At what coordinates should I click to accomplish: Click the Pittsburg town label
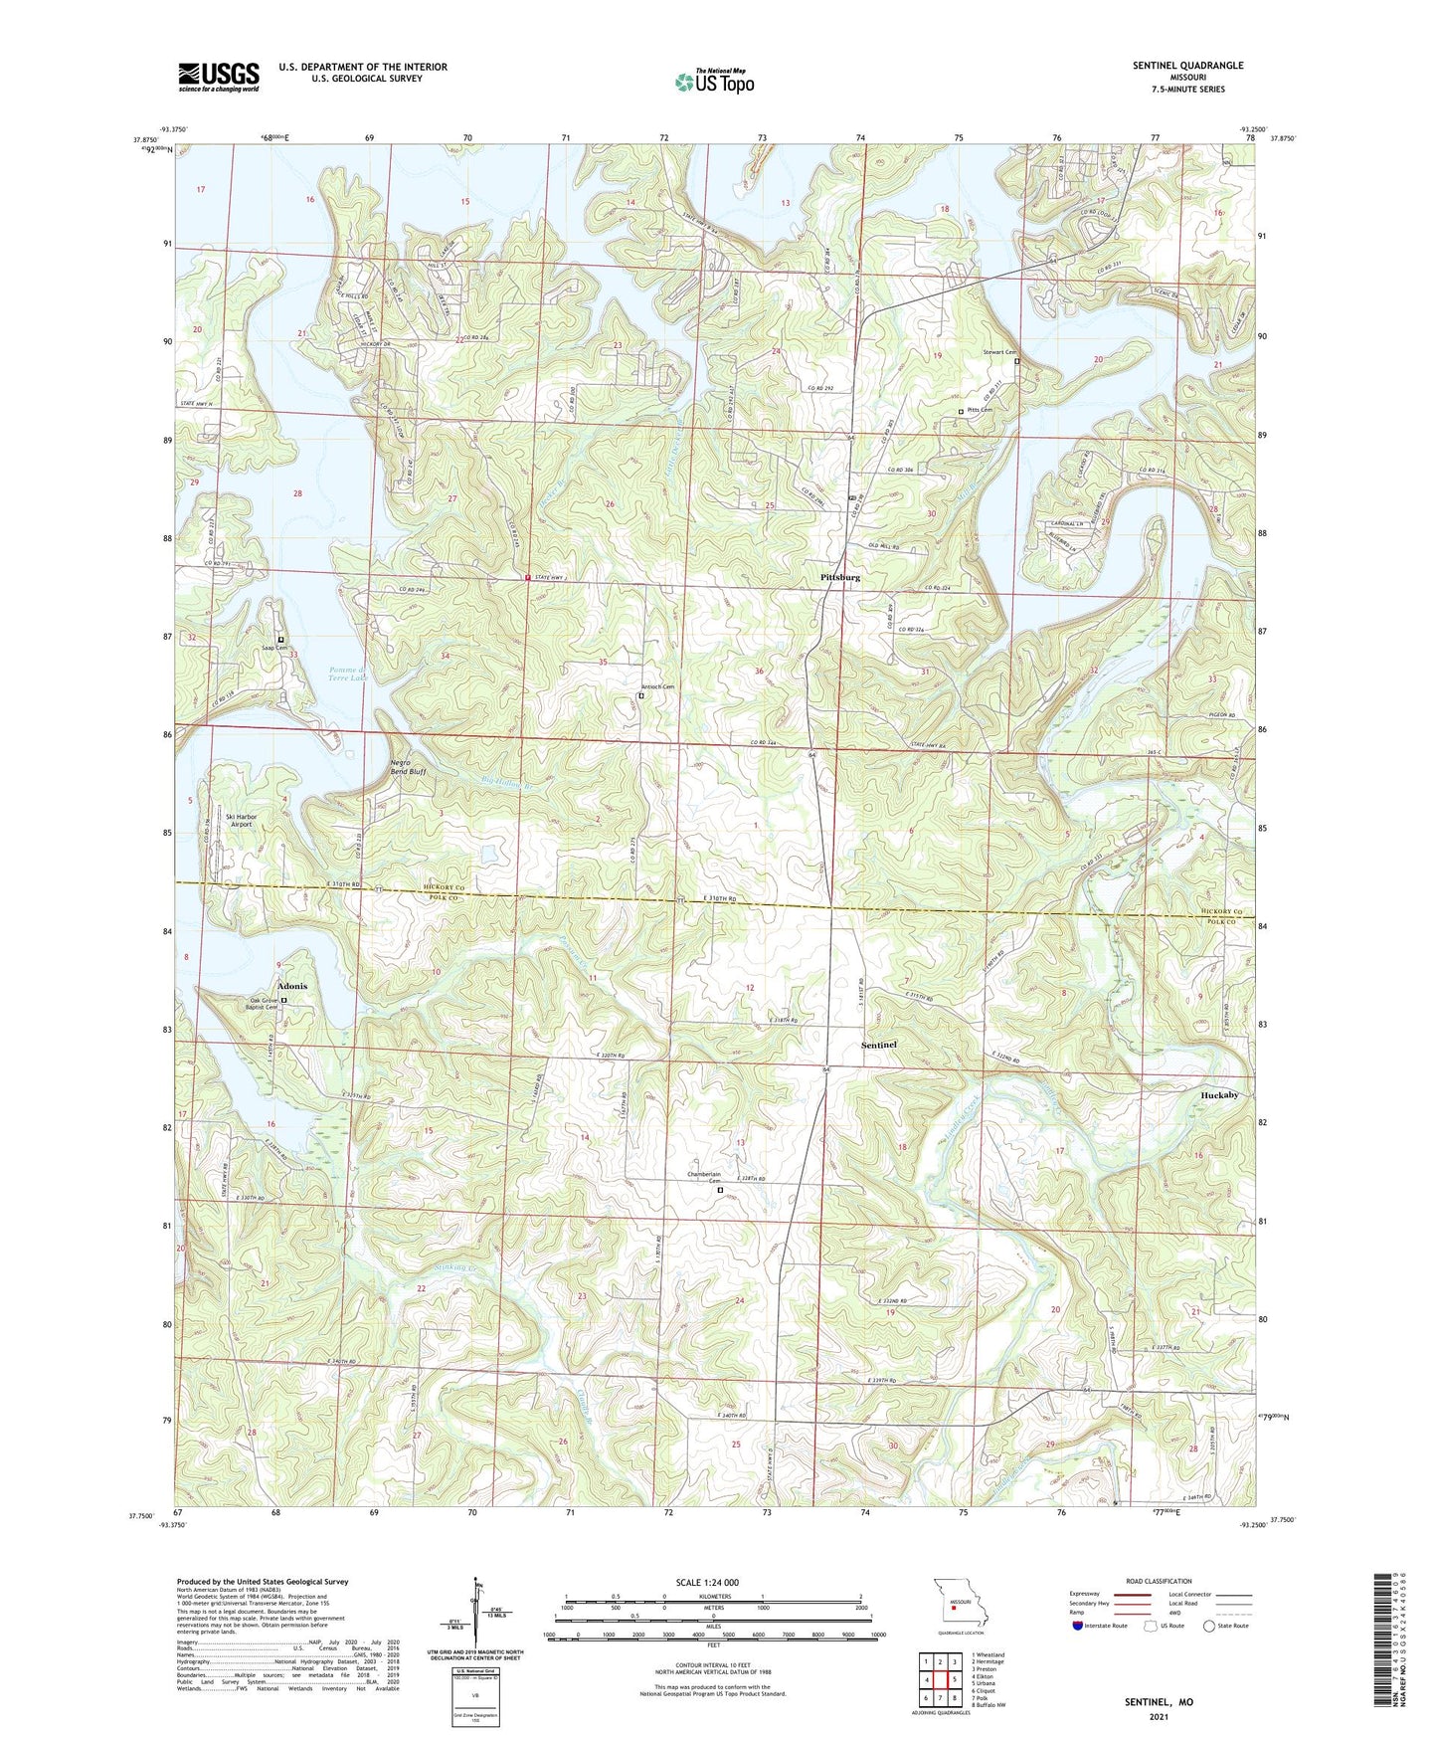(840, 577)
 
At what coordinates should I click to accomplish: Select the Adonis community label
(285, 985)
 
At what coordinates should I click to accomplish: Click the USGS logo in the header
(219, 76)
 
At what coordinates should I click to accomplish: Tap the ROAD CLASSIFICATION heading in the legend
(1160, 1580)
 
